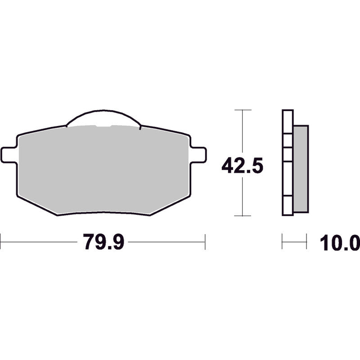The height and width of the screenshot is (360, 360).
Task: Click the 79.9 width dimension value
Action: pyautogui.click(x=103, y=242)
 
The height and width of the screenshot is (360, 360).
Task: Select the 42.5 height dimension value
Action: pyautogui.click(x=242, y=165)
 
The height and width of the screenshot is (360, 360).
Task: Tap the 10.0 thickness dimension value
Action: pyautogui.click(x=340, y=243)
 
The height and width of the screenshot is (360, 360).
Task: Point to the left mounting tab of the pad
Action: pyautogui.click(x=9, y=155)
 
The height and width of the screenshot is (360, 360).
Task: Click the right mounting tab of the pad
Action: pyautogui.click(x=198, y=155)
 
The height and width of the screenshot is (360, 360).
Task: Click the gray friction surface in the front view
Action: pyautogui.click(x=104, y=170)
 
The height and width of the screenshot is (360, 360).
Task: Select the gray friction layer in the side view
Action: pyautogui.click(x=301, y=169)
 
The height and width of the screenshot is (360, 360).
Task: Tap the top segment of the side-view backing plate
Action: pyautogui.click(x=288, y=121)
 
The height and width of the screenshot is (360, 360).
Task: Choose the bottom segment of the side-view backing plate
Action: pyautogui.click(x=288, y=206)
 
